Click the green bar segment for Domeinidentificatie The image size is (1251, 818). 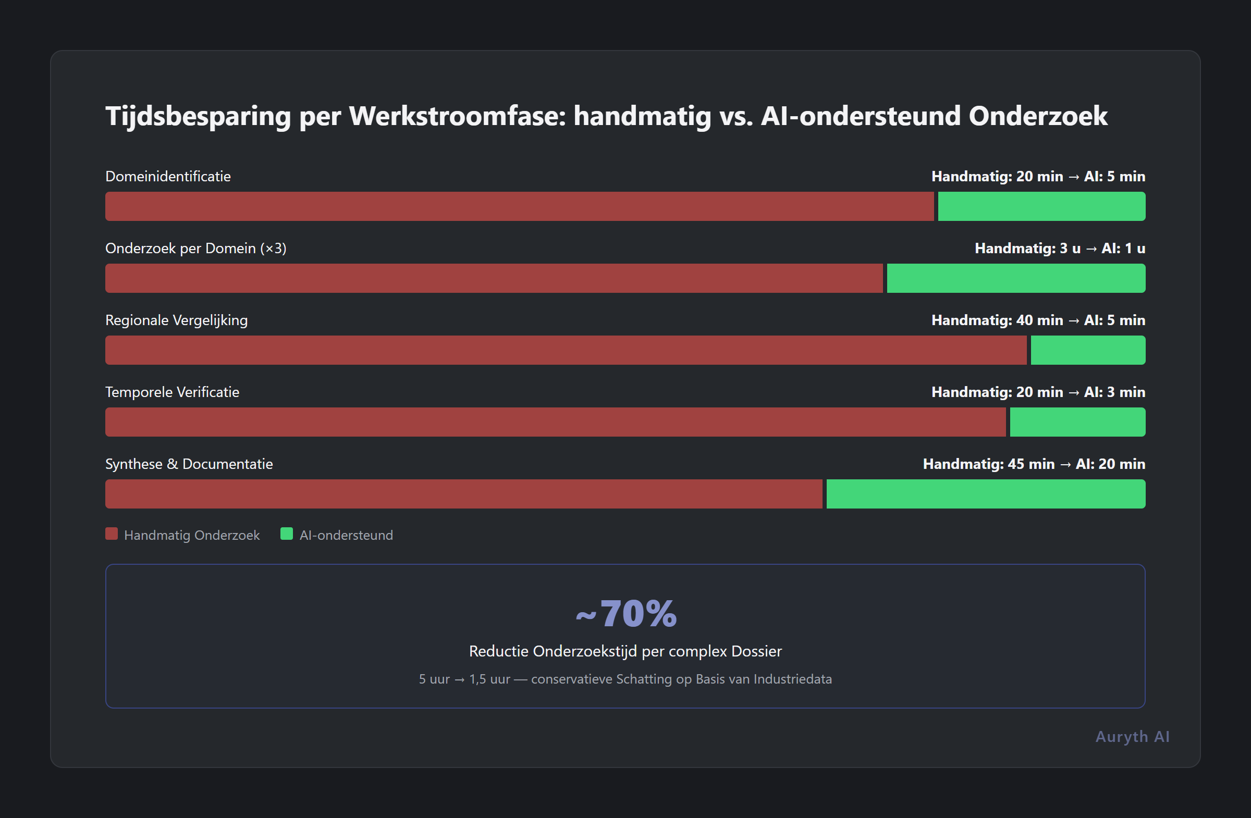pyautogui.click(x=1041, y=206)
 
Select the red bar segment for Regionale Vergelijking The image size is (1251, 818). pyautogui.click(x=566, y=350)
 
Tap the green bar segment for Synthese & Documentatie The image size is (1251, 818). pyautogui.click(x=986, y=494)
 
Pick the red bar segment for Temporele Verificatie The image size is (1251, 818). pyautogui.click(x=555, y=422)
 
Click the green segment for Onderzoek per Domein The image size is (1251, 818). pyautogui.click(x=1015, y=278)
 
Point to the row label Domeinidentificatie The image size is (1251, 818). pyautogui.click(x=168, y=176)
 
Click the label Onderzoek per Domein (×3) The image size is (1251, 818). pyautogui.click(x=195, y=248)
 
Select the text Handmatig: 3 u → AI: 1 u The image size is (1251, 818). pyautogui.click(x=1060, y=248)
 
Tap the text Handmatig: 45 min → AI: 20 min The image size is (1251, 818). pyautogui.click(x=1034, y=464)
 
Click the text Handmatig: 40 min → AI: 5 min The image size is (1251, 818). pyautogui.click(x=1038, y=320)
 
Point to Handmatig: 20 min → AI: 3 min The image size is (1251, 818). pyautogui.click(x=1038, y=392)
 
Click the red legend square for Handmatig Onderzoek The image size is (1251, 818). pyautogui.click(x=112, y=534)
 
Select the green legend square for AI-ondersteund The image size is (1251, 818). pyautogui.click(x=287, y=534)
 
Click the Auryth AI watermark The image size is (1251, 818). pyautogui.click(x=1132, y=737)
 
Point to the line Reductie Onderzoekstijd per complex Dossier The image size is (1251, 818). pyautogui.click(x=625, y=651)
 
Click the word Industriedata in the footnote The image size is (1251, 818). pyautogui.click(x=792, y=679)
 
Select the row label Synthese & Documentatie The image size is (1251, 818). pyautogui.click(x=189, y=464)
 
